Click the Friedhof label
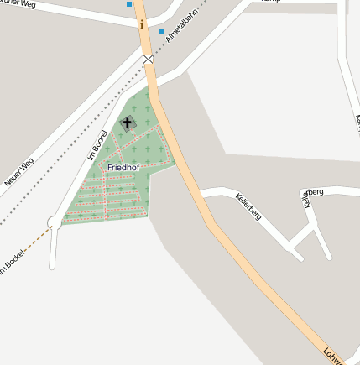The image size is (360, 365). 123,168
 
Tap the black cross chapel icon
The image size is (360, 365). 128,123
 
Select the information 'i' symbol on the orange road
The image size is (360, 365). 142,24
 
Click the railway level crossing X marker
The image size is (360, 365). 149,60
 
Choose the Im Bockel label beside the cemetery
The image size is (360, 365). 97,145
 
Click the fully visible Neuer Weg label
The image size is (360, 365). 18,173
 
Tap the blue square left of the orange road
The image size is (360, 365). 129,4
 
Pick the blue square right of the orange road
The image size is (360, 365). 161,32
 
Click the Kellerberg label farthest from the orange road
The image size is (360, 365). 311,196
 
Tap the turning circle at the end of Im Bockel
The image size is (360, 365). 55,222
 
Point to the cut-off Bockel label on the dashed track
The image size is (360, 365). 13,263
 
